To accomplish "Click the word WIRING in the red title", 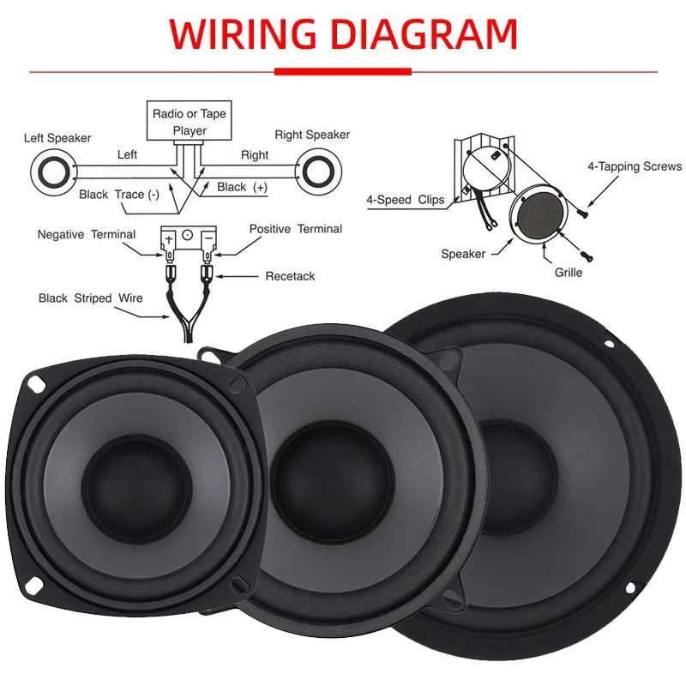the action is click(243, 34).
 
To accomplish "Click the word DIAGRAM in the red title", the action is click(424, 34).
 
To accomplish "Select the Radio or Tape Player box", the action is click(189, 121).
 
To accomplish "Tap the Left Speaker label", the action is click(57, 138).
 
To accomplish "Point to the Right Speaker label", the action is click(312, 135).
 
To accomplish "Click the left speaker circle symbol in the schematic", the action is click(54, 171).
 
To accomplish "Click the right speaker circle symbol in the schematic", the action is click(318, 171).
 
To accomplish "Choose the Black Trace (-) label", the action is click(119, 195).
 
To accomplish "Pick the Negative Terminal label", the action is click(87, 234).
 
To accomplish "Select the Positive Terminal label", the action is click(295, 229).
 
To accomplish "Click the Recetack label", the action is click(290, 276).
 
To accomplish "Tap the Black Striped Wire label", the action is click(91, 298).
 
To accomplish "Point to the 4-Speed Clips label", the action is click(405, 200).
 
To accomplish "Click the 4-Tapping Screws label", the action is click(635, 166).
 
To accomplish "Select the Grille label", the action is click(569, 273).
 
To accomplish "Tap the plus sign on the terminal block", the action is click(169, 239).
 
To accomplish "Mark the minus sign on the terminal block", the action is click(208, 238).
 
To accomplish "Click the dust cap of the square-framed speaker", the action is click(137, 486).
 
